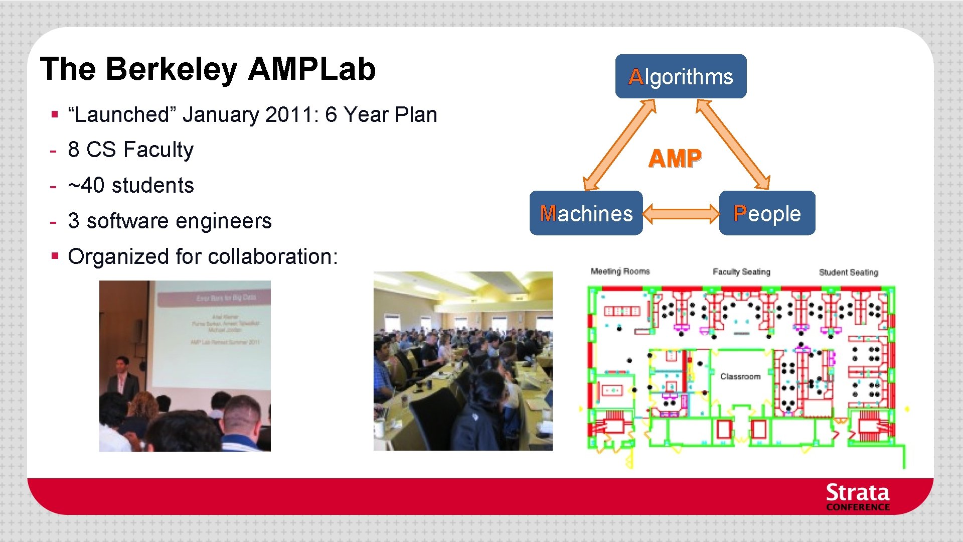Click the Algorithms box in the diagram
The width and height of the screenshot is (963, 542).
pyautogui.click(x=681, y=76)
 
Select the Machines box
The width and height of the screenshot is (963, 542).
pyautogui.click(x=586, y=213)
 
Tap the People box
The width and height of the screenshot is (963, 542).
pyautogui.click(x=767, y=213)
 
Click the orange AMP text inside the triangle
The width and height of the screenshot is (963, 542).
pyautogui.click(x=675, y=159)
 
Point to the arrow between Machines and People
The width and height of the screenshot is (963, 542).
pyautogui.click(x=681, y=213)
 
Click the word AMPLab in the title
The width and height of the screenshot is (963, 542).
pyautogui.click(x=311, y=69)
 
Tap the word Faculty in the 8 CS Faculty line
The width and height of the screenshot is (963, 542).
pyautogui.click(x=158, y=150)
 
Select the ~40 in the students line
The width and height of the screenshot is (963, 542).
pyautogui.click(x=86, y=186)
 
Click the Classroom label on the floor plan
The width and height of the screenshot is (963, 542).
pyautogui.click(x=740, y=376)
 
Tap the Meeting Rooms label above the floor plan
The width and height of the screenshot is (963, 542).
pyautogui.click(x=620, y=272)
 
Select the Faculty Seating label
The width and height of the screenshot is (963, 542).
pyautogui.click(x=741, y=272)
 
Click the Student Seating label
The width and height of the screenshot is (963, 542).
pyautogui.click(x=848, y=273)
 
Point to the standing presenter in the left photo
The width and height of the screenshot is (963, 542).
pyautogui.click(x=123, y=378)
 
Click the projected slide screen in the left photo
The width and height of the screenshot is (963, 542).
pyautogui.click(x=214, y=336)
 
